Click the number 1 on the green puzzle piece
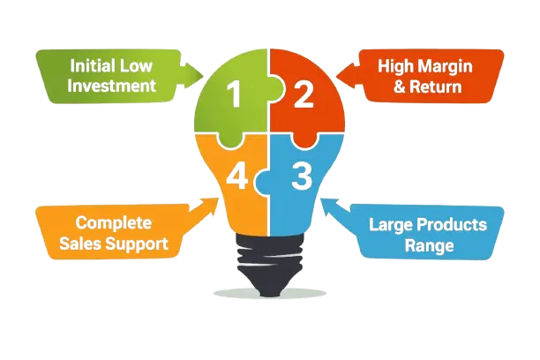click(x=235, y=94)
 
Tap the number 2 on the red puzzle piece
click(x=304, y=94)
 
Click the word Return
click(x=439, y=86)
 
